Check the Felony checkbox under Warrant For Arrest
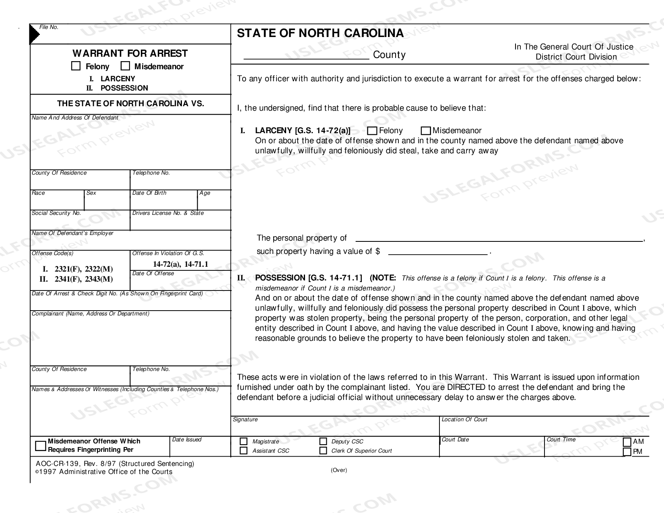coord(76,66)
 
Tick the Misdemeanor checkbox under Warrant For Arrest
coord(126,66)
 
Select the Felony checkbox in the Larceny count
coord(372,131)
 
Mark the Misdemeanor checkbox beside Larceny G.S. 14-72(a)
coord(426,131)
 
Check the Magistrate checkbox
coord(243,441)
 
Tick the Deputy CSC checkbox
coord(323,441)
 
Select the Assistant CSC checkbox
coord(243,451)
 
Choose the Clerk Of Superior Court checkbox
coord(323,451)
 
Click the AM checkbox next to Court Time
coord(627,442)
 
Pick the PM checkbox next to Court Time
coord(627,451)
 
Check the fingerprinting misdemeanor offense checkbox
coord(41,446)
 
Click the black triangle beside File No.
coord(34,34)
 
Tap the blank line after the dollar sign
coord(438,252)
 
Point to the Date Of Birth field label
coord(149,193)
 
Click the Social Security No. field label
coord(56,213)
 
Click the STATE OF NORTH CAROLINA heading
coord(320,33)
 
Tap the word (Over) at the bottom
coord(339,470)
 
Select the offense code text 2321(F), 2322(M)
coord(84,269)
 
